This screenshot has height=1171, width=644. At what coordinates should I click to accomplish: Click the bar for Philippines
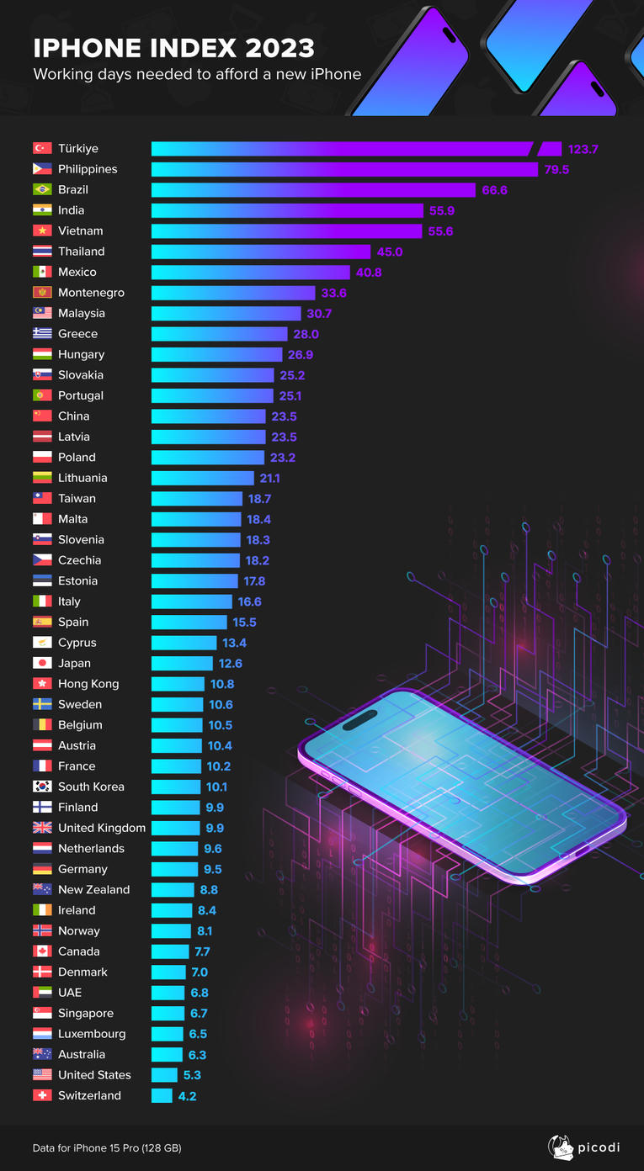(x=344, y=169)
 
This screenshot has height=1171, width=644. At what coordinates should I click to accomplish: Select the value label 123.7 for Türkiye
(x=583, y=149)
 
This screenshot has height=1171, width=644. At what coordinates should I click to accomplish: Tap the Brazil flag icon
(x=42, y=189)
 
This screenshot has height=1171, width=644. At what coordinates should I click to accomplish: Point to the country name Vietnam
(x=81, y=230)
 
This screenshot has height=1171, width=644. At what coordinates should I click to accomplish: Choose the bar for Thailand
(x=261, y=252)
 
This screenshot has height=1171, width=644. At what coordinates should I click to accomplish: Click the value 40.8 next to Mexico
(x=368, y=272)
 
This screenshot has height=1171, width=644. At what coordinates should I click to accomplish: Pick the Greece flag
(x=42, y=333)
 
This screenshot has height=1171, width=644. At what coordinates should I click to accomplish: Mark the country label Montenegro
(x=91, y=293)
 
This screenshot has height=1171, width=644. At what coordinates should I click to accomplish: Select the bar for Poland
(x=208, y=457)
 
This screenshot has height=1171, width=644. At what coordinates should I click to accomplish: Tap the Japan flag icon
(x=42, y=663)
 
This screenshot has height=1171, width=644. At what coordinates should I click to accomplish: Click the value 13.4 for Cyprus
(x=233, y=643)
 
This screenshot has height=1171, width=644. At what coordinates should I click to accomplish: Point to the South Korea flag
(x=42, y=787)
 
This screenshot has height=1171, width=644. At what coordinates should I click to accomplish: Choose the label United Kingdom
(x=102, y=828)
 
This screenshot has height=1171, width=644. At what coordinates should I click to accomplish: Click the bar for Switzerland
(x=162, y=1095)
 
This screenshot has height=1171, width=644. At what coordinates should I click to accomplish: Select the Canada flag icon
(x=42, y=951)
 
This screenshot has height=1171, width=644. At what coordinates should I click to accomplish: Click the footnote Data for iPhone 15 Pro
(x=107, y=1147)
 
